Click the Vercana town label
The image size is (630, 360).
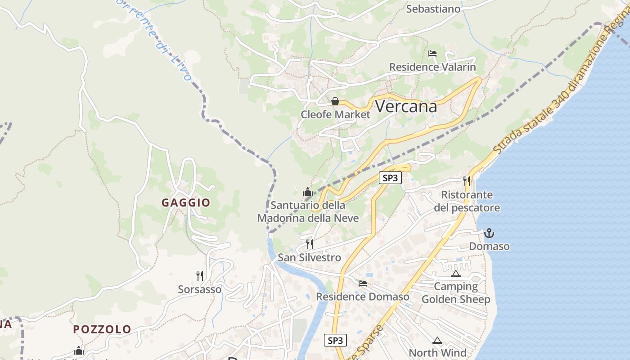pos(405,107)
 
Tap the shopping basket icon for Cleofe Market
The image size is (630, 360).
pos(335,102)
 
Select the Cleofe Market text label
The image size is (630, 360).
pos(335,114)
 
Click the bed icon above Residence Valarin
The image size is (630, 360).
pos(432,54)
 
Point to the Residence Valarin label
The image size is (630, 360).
pos(432,67)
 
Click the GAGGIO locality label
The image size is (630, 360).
pos(186,202)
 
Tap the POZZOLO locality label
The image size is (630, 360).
pos(102,329)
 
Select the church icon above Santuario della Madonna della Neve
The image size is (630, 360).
pos(308,192)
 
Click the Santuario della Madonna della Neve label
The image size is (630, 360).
pos(308,211)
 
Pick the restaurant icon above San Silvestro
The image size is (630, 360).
pos(310,244)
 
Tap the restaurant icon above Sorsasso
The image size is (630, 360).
pos(200,276)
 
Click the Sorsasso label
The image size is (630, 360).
pos(200,289)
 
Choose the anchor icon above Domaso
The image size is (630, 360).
pos(489,233)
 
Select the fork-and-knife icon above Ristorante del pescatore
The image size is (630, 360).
pos(467,181)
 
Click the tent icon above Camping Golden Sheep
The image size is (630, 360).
pos(455,274)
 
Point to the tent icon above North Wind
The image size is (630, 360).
pos(437,340)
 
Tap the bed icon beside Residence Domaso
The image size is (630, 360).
pos(363,283)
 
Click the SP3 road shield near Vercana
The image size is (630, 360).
pos(390,178)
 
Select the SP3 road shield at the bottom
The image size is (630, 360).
pos(335,341)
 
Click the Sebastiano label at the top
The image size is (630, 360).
pos(433,9)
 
